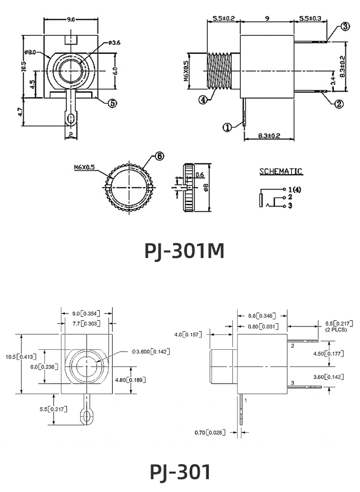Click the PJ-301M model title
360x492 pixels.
tap(184, 250)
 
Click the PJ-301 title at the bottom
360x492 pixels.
tap(180, 472)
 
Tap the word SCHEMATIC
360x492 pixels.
tap(280, 171)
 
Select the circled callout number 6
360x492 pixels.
tap(159, 156)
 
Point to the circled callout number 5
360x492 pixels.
tap(112, 103)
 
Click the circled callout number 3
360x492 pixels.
tap(346, 26)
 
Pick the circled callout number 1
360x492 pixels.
tap(226, 127)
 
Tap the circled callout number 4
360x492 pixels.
tap(203, 99)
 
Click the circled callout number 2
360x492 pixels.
tap(339, 104)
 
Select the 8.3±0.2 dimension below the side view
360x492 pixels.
tap(269, 136)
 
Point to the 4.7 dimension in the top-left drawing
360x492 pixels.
tap(20, 112)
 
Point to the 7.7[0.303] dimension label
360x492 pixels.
tap(86, 323)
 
